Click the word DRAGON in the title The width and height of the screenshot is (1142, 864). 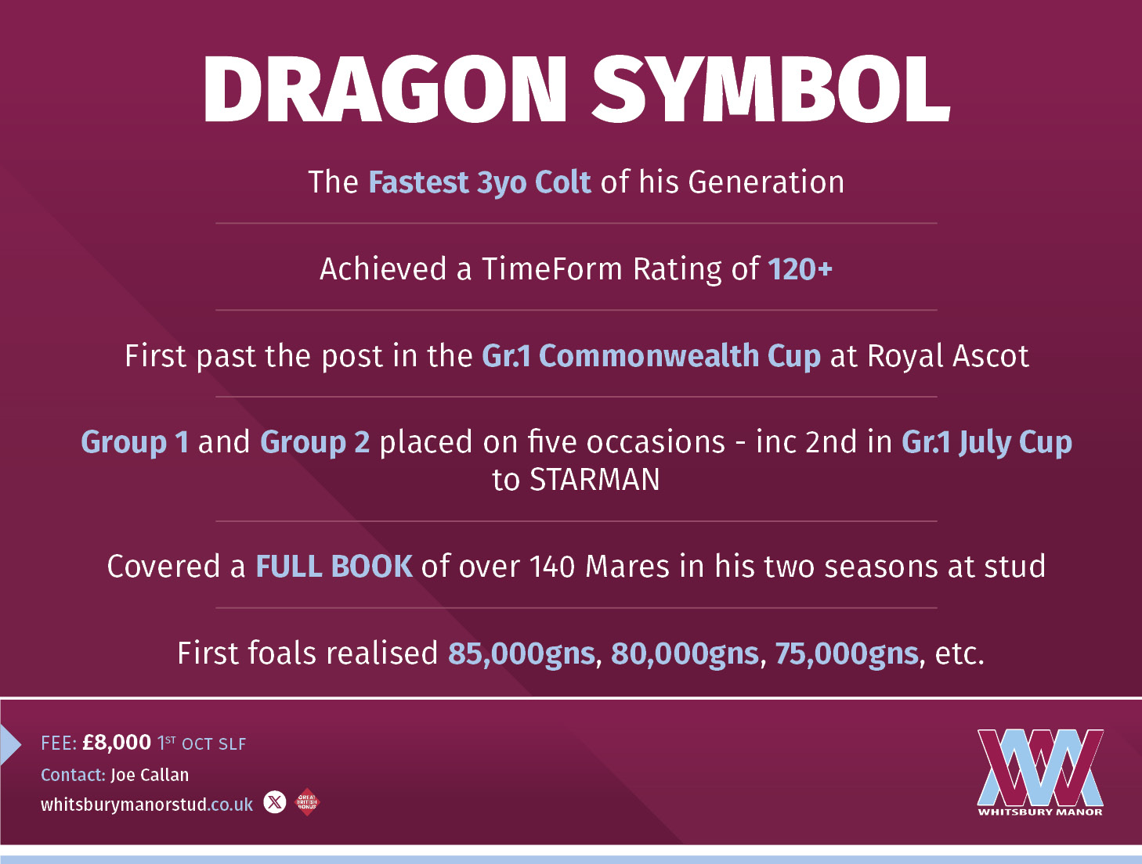pyautogui.click(x=384, y=89)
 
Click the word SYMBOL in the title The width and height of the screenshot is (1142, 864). pyautogui.click(x=771, y=89)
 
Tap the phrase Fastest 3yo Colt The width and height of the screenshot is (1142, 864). pyautogui.click(x=479, y=182)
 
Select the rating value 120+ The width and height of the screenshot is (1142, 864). pyautogui.click(x=800, y=269)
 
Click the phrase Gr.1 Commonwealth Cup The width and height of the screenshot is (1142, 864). pyautogui.click(x=651, y=356)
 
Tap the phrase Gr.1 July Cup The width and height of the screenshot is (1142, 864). pyautogui.click(x=986, y=443)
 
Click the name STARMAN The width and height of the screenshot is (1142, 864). pyautogui.click(x=594, y=480)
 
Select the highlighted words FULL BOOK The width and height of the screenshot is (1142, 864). pyautogui.click(x=334, y=567)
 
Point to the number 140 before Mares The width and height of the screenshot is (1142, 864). pyautogui.click(x=552, y=567)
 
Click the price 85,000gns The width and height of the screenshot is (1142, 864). pyautogui.click(x=521, y=653)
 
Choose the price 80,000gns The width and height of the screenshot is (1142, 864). pyautogui.click(x=685, y=653)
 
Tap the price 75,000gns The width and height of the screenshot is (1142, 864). pyautogui.click(x=847, y=653)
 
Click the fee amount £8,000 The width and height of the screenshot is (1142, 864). pyautogui.click(x=117, y=743)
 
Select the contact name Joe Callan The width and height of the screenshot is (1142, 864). pyautogui.click(x=150, y=775)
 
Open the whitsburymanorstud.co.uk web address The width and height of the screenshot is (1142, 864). pyautogui.click(x=146, y=805)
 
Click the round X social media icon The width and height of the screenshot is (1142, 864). pyautogui.click(x=275, y=802)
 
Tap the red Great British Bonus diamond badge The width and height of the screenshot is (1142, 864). pyautogui.click(x=307, y=802)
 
